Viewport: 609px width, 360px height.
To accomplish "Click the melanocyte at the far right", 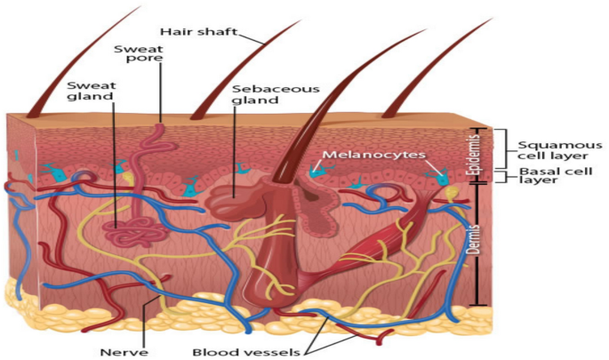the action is pos(440,177).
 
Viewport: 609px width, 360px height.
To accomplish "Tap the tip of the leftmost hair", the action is pos(140,7).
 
